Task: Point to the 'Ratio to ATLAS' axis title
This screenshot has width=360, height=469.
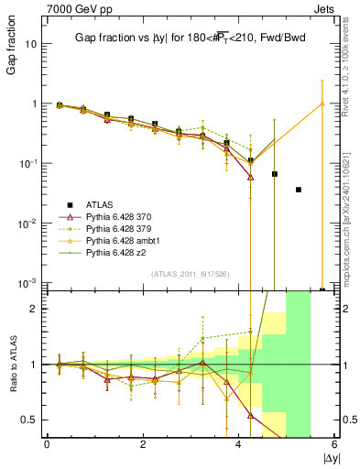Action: click(x=10, y=365)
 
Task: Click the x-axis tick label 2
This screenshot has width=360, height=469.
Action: click(x=143, y=445)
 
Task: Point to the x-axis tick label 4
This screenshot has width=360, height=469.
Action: click(x=239, y=445)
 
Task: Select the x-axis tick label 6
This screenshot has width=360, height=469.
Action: click(x=334, y=445)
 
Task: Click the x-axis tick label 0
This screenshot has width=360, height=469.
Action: click(x=47, y=445)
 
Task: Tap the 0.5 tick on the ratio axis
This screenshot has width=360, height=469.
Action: click(x=28, y=420)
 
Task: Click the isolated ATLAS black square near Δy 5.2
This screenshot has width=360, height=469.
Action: click(x=299, y=190)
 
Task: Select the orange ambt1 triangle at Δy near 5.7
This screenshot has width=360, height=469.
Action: click(x=322, y=104)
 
